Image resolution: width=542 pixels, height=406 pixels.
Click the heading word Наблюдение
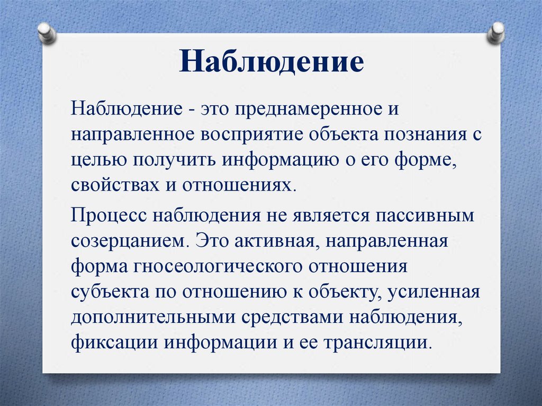click(x=272, y=61)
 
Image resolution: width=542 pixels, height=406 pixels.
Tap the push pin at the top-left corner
click(x=47, y=33)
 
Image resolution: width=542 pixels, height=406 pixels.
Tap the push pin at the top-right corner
click(x=495, y=33)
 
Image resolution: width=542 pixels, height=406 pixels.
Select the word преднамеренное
click(x=307, y=110)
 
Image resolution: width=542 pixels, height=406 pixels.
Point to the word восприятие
click(x=252, y=135)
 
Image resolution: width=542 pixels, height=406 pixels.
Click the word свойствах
click(x=115, y=185)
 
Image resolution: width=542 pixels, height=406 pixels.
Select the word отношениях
click(x=239, y=186)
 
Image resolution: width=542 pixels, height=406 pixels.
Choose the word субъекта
click(x=110, y=292)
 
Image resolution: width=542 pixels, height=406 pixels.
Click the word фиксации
click(x=114, y=343)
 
